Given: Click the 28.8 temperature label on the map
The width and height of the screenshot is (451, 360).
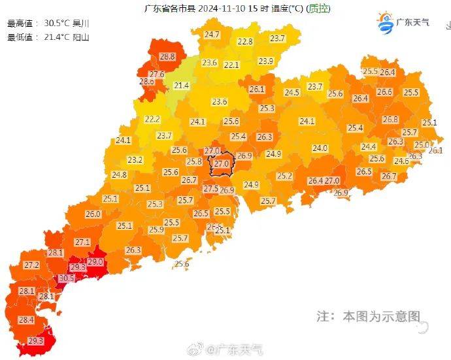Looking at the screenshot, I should [167, 57].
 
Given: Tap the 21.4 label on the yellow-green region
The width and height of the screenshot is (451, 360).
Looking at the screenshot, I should [181, 86].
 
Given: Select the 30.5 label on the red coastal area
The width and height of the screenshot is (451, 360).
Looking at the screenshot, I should [67, 278].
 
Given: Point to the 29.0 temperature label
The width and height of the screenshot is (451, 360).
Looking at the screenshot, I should [95, 262].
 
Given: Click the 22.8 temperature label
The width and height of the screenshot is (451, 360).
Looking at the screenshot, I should [244, 41].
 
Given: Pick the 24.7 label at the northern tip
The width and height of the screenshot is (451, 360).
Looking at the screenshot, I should [212, 34].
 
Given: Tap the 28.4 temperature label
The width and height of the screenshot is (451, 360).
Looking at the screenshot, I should [26, 319].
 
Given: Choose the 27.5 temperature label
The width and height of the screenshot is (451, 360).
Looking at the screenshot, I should [210, 189].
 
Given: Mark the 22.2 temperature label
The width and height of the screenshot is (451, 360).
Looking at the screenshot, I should [152, 119].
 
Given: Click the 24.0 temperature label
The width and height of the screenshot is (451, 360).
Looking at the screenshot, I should [320, 148].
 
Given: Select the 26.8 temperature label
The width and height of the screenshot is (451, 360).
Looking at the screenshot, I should [390, 120].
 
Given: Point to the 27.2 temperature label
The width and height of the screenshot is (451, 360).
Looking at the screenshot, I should [31, 265].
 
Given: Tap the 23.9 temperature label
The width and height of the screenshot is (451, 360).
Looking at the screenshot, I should [265, 61].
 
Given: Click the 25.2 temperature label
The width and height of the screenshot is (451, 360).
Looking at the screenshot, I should [284, 176].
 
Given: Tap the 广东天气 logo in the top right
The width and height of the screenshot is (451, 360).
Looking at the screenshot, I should [403, 23].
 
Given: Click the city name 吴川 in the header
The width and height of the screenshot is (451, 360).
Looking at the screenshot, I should [80, 23].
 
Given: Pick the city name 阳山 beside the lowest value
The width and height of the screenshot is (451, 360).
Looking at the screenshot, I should [80, 37].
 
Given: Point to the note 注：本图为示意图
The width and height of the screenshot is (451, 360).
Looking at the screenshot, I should [368, 316].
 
